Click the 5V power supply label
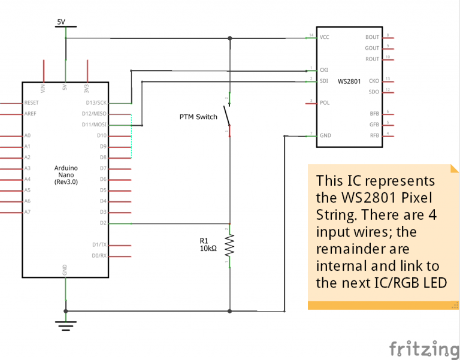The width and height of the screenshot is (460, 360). [x=60, y=22]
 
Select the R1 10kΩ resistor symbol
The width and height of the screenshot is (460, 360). [x=229, y=244]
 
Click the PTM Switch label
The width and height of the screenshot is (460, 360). [x=198, y=117]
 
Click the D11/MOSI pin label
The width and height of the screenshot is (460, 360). [x=95, y=125]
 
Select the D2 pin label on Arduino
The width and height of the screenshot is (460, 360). [x=103, y=223]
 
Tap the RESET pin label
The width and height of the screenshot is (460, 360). [x=32, y=103]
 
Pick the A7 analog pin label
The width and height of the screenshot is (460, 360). [x=28, y=212]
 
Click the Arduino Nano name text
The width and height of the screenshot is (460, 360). [x=66, y=174]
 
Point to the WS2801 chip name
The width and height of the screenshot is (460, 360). [x=349, y=81]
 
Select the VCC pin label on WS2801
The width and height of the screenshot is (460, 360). [x=325, y=37]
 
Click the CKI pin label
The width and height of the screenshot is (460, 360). [x=324, y=70]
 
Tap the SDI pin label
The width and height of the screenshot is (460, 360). [x=324, y=81]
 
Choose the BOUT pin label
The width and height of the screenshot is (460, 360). [x=372, y=37]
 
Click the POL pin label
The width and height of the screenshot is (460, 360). [x=325, y=102]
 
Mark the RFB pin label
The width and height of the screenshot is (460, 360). [x=374, y=135]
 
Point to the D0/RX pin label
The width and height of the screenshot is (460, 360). [x=99, y=256]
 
